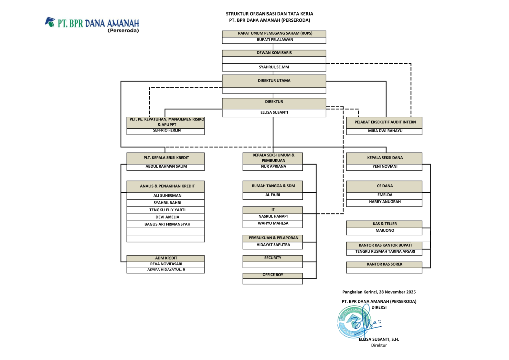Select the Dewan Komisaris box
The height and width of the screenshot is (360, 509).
(x=274, y=53)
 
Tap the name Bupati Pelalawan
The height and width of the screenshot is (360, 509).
(x=274, y=40)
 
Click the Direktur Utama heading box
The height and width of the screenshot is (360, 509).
(x=274, y=81)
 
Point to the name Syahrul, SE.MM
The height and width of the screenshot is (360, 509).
(x=274, y=67)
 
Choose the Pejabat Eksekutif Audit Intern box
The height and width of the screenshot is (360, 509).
(x=385, y=122)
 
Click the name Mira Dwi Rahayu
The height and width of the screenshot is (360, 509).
(x=385, y=131)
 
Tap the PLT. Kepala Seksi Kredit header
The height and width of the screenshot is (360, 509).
(x=166, y=158)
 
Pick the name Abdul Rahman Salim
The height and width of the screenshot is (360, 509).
(x=166, y=167)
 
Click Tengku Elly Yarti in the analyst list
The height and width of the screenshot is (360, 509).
(x=166, y=210)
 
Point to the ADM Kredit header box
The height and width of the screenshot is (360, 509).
(x=166, y=258)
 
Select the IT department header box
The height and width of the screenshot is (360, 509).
(x=272, y=210)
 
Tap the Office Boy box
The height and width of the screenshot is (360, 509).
(x=272, y=275)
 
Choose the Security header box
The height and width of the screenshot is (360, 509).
(x=272, y=258)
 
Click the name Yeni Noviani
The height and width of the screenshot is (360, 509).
(x=385, y=167)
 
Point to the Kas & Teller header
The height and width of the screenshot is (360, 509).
(x=385, y=224)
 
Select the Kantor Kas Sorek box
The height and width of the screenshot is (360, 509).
(x=385, y=264)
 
